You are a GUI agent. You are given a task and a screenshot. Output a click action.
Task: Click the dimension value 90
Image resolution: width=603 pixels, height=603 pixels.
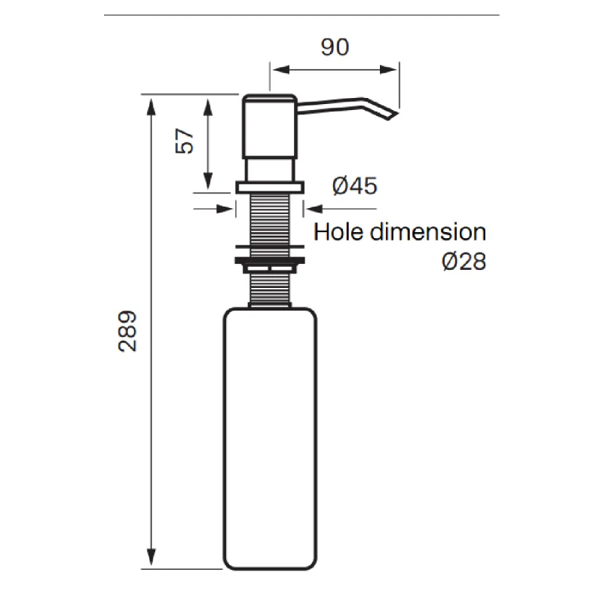[x=335, y=47]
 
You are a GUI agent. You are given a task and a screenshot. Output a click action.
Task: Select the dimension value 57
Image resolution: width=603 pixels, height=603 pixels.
[x=185, y=140]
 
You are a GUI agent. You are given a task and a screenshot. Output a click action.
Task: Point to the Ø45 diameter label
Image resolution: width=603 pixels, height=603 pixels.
[x=354, y=186]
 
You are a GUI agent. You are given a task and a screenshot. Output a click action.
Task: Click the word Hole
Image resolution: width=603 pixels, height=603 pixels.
[x=340, y=231]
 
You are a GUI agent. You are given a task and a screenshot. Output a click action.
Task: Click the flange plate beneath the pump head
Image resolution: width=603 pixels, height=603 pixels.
[x=269, y=186]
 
